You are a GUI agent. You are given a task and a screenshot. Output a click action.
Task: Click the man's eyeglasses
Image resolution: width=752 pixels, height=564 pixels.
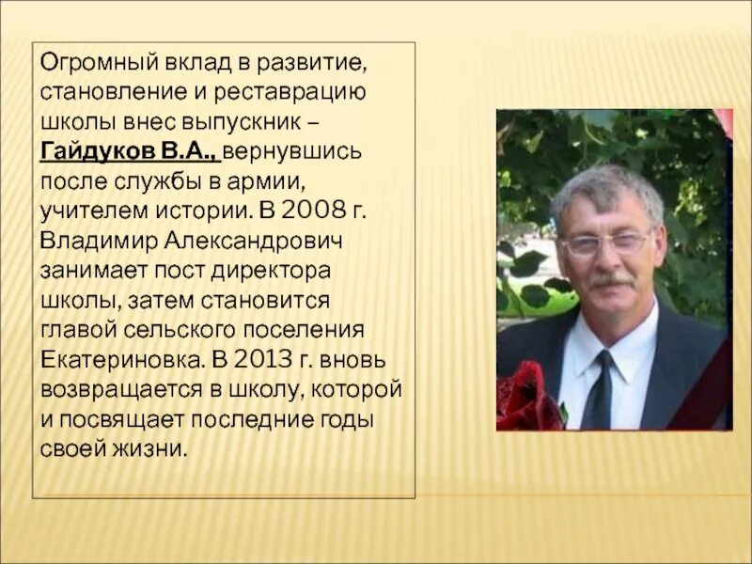click(604, 243)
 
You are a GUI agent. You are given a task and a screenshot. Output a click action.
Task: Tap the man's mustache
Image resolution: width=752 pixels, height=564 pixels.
click(611, 280)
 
